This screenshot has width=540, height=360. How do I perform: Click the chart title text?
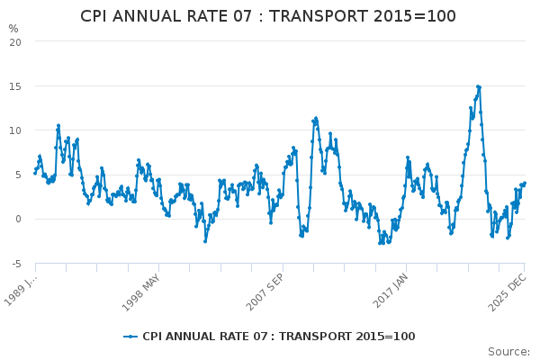pyautogui.click(x=268, y=16)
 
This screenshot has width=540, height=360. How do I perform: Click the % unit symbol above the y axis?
pyautogui.click(x=13, y=29)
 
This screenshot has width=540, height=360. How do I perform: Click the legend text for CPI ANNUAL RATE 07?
pyautogui.click(x=279, y=337)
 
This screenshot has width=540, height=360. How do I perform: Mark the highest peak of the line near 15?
pyautogui.click(x=478, y=86)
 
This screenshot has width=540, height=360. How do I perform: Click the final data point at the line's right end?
pyautogui.click(x=525, y=184)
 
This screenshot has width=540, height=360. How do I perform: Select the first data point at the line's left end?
pyautogui.click(x=35, y=173)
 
